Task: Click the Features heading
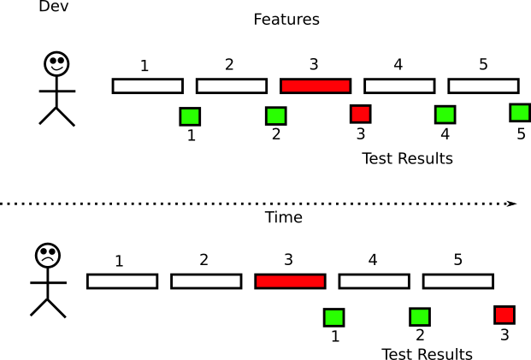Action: tap(286, 19)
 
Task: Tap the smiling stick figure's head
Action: tap(56, 63)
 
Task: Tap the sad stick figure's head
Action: tap(47, 255)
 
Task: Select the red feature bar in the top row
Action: tap(315, 86)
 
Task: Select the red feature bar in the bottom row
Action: tap(290, 281)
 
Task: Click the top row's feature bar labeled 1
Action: tap(147, 86)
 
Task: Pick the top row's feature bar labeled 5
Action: tap(483, 86)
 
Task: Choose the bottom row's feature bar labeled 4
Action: tap(374, 281)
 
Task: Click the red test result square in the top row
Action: tap(360, 114)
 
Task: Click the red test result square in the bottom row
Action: tap(504, 315)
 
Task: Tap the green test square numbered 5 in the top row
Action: tap(520, 112)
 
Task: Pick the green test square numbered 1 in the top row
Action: tap(190, 115)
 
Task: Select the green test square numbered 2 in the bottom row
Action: tap(419, 317)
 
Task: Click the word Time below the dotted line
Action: tap(283, 218)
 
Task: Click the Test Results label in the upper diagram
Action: tap(407, 158)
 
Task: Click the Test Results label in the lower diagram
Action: tap(426, 354)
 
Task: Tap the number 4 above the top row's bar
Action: tap(398, 64)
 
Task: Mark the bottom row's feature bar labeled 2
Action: tap(205, 281)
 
